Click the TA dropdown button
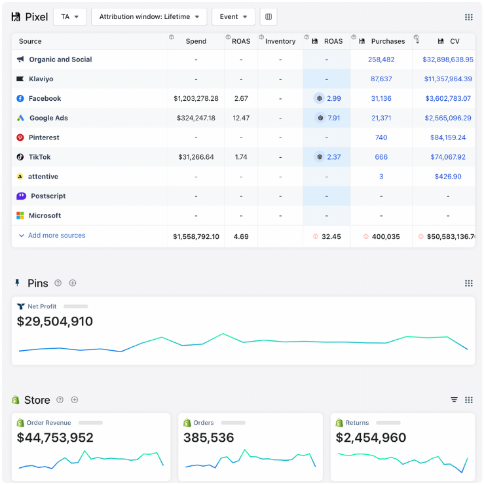(x=69, y=16)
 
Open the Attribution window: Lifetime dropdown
(x=149, y=16)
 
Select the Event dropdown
(x=233, y=16)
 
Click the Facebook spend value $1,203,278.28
(x=196, y=99)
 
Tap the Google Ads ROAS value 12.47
(x=241, y=118)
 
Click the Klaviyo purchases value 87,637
(x=381, y=79)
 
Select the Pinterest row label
(x=44, y=138)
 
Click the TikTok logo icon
(x=20, y=158)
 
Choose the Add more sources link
(x=56, y=236)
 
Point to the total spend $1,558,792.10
(x=196, y=237)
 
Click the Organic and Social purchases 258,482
(x=381, y=60)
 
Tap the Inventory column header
(x=280, y=41)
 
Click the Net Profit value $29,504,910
(x=55, y=321)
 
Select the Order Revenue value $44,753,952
(x=55, y=438)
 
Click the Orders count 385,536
(x=208, y=438)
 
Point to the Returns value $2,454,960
(x=371, y=438)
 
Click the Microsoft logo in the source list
(x=20, y=216)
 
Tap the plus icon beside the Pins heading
(x=73, y=283)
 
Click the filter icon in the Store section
(x=454, y=400)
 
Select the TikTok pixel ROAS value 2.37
(x=333, y=158)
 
